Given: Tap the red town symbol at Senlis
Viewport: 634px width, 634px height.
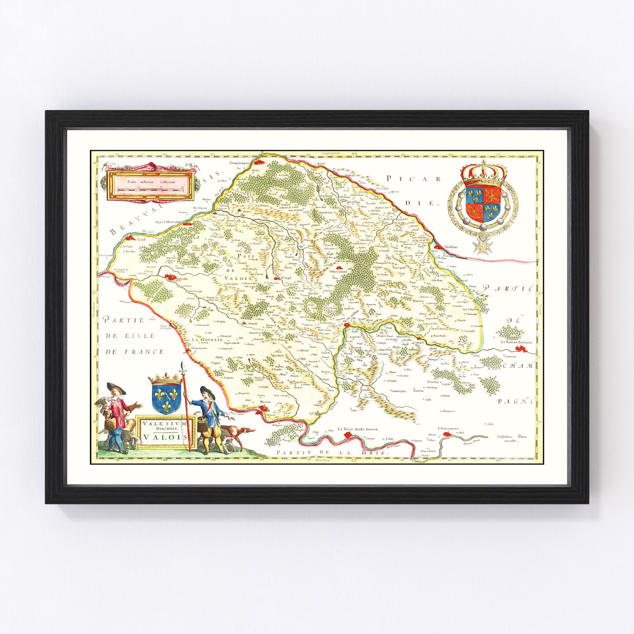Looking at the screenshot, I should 171,277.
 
